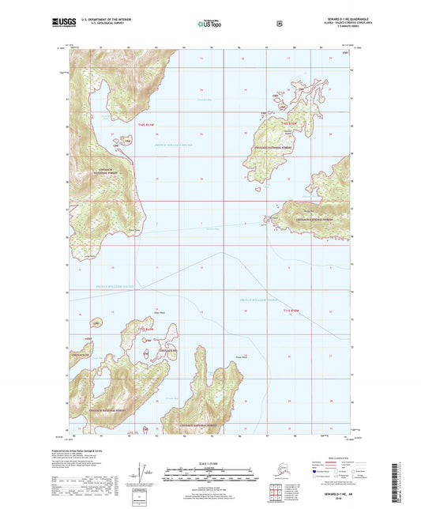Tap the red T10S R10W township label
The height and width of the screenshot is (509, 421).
coord(286,123)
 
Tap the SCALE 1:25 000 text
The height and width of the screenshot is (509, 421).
coord(209,462)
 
